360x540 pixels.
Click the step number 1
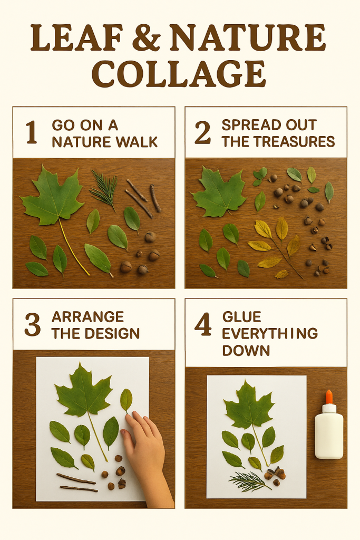pos(32,132)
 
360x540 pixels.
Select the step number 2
pos(202,132)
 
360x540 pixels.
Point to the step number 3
pos(32,325)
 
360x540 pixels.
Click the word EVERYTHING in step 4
pos(270,333)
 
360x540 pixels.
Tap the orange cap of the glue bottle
pos(329,397)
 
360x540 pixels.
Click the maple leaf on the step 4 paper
pos(249,407)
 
